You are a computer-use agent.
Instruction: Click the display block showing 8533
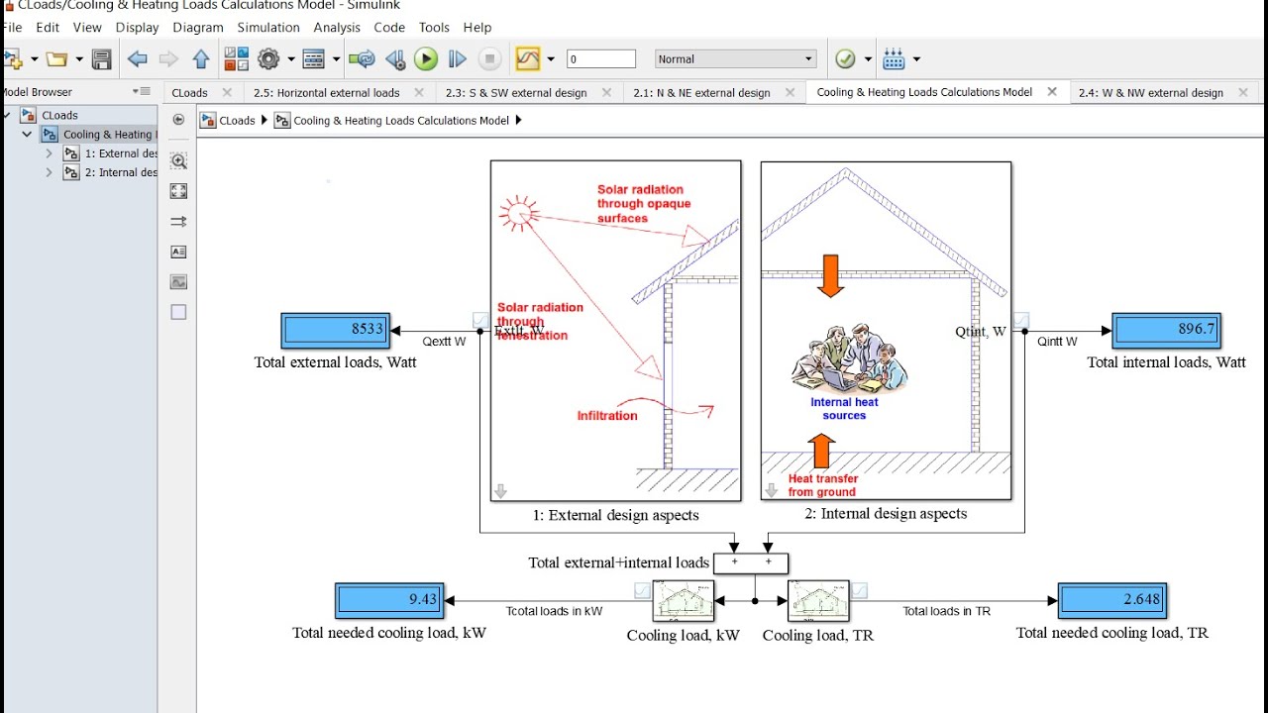click(335, 330)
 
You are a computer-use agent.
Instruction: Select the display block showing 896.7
click(1166, 330)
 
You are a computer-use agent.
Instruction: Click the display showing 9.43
click(389, 600)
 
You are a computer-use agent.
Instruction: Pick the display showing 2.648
click(1111, 600)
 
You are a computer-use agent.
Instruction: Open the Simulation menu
click(268, 28)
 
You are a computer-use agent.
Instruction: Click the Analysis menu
click(337, 28)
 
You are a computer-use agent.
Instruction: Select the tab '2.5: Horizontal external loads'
click(326, 93)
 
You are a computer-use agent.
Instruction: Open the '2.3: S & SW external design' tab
click(515, 93)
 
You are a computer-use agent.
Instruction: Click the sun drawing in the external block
click(518, 212)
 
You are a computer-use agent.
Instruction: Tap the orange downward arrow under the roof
click(830, 275)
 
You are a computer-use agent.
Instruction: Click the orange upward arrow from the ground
click(821, 452)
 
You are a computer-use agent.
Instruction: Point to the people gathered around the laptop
click(849, 358)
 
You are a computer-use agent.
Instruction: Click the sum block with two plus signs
click(751, 562)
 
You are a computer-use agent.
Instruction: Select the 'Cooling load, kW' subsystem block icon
click(683, 601)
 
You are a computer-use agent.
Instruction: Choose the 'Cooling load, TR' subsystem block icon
click(818, 601)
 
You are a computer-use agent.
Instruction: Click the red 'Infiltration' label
click(607, 416)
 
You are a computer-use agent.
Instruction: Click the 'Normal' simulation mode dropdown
click(735, 59)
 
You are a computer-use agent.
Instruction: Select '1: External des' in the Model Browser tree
click(120, 153)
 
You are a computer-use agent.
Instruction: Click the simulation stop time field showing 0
click(600, 59)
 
